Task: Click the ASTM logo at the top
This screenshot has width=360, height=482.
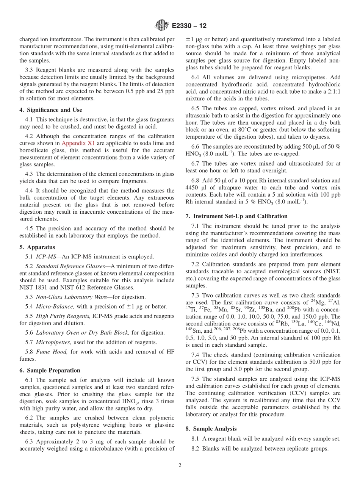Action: coord(162,26)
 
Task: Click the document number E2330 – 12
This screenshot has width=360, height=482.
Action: coord(189,26)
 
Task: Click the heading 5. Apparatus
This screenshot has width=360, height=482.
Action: coord(37,247)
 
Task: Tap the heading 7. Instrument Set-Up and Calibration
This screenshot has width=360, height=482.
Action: coord(236,216)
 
